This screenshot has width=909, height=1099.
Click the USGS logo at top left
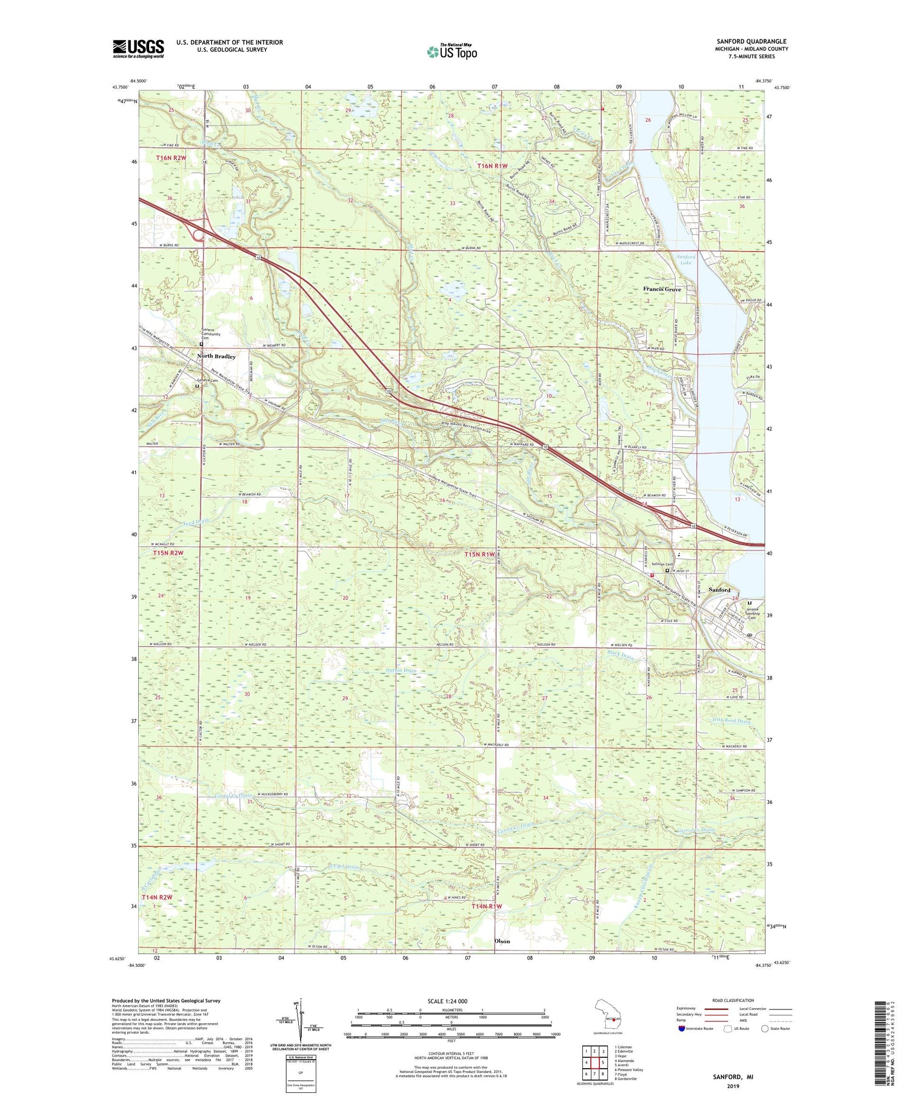tap(138, 48)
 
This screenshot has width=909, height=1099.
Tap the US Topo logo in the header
tap(452, 52)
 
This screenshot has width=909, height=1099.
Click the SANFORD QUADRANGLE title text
tap(751, 41)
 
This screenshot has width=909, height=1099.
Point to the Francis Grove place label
tap(662, 289)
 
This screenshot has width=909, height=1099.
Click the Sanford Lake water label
tap(686, 259)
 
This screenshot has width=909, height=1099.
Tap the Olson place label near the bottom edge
tap(502, 941)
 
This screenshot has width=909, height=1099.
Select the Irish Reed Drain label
tap(731, 721)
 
